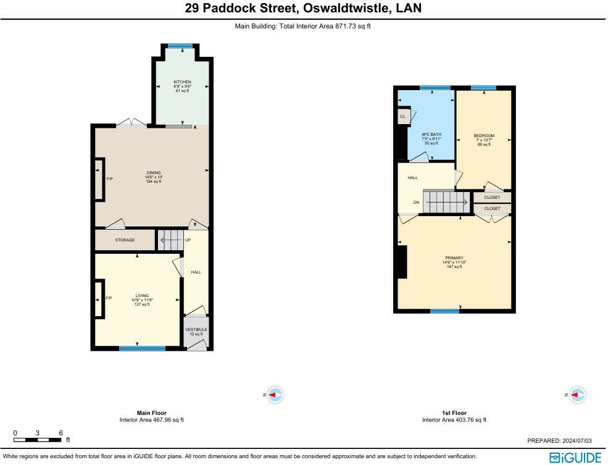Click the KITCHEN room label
click(x=182, y=82)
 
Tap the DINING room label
click(x=154, y=172)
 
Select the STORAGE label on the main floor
click(x=125, y=240)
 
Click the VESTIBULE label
click(x=196, y=330)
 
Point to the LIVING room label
click(x=142, y=296)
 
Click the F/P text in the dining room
click(x=110, y=179)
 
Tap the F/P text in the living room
click(x=109, y=298)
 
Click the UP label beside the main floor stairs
click(x=188, y=240)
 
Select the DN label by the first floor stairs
click(x=416, y=203)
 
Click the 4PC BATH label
click(x=431, y=135)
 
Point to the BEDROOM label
click(x=484, y=136)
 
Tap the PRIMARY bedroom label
click(x=454, y=258)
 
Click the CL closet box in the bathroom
click(x=403, y=116)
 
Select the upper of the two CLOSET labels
click(x=492, y=198)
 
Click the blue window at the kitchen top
click(x=180, y=46)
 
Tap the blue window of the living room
click(x=143, y=348)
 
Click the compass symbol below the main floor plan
click(x=275, y=395)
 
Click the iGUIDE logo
click(x=575, y=458)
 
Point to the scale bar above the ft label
click(x=37, y=440)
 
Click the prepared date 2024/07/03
click(x=576, y=440)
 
